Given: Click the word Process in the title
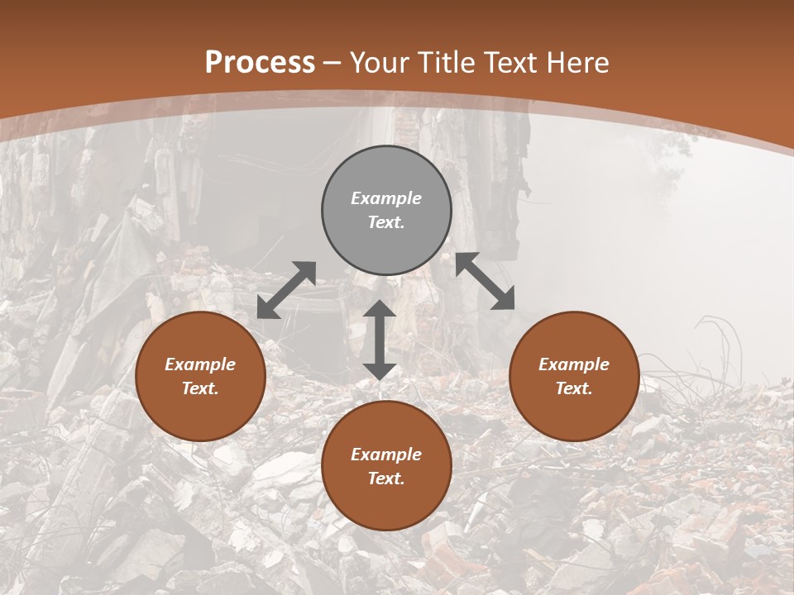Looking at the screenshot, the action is pyautogui.click(x=260, y=63).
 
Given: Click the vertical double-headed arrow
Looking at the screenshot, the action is pyautogui.click(x=379, y=340).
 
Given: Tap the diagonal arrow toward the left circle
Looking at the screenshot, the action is pyautogui.click(x=286, y=289).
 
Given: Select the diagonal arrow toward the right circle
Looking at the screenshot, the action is pyautogui.click(x=485, y=281).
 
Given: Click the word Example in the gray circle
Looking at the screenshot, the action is pyautogui.click(x=386, y=198).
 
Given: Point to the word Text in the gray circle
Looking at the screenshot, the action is pyautogui.click(x=386, y=222).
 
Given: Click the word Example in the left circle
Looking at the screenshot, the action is pyautogui.click(x=200, y=364).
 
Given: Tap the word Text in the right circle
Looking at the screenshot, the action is pyautogui.click(x=574, y=388).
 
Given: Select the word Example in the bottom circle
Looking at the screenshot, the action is pyautogui.click(x=386, y=455).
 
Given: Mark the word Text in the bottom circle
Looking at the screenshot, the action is pyautogui.click(x=386, y=478).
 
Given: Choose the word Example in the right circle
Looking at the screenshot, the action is pyautogui.click(x=574, y=364).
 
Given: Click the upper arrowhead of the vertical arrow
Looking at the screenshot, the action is pyautogui.click(x=379, y=311).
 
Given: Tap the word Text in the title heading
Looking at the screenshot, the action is pyautogui.click(x=509, y=63).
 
